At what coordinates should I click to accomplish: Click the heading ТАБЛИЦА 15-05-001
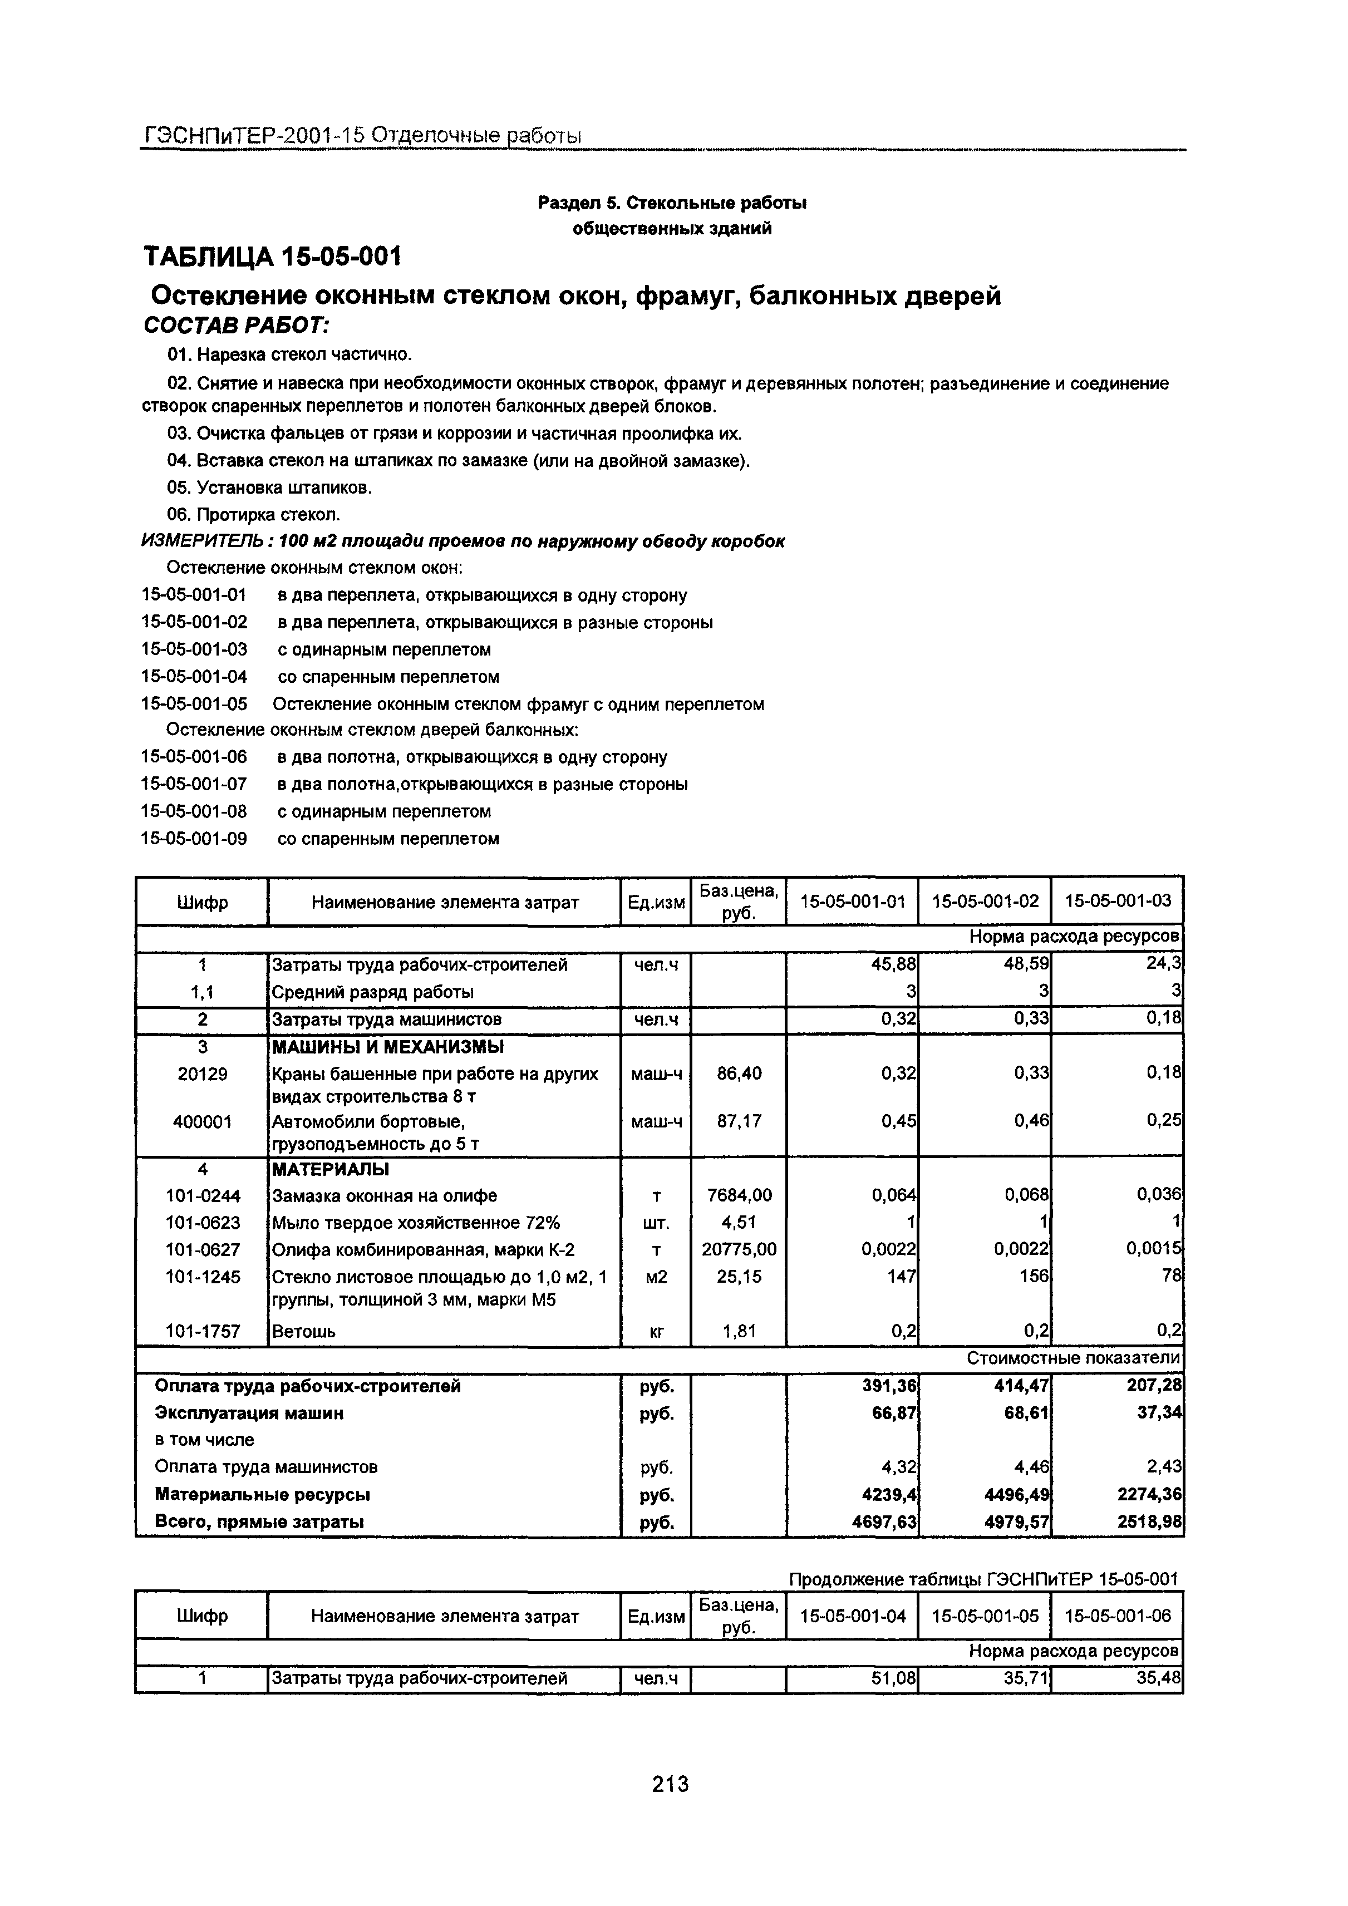pyautogui.click(x=272, y=257)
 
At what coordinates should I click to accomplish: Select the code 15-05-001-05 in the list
pyautogui.click(x=194, y=704)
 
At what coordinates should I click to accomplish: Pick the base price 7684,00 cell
pyautogui.click(x=738, y=1195)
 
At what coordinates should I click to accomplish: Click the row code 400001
pyautogui.click(x=201, y=1121)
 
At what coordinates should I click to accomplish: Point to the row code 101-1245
pyautogui.click(x=201, y=1276)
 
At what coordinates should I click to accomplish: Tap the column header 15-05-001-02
pyautogui.click(x=985, y=901)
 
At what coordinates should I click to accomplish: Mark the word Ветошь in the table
pyautogui.click(x=304, y=1331)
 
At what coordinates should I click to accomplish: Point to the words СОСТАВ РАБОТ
pyautogui.click(x=237, y=324)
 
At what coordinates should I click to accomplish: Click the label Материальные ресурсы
pyautogui.click(x=262, y=1494)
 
